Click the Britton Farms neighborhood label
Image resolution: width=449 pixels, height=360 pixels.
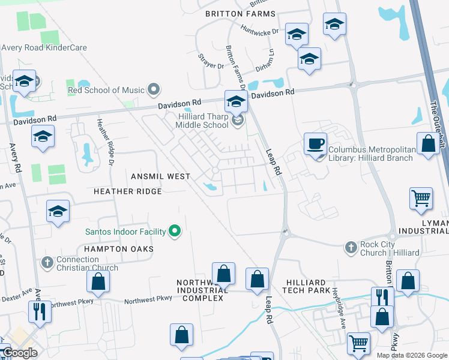pyautogui.click(x=240, y=14)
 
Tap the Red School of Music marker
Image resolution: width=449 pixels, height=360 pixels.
pyautogui.click(x=154, y=90)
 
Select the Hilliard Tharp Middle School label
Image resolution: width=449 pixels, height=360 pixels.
pyautogui.click(x=202, y=121)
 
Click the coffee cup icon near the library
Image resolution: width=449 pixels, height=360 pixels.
pyautogui.click(x=316, y=144)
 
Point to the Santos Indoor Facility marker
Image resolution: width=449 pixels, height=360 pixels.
pyautogui.click(x=175, y=230)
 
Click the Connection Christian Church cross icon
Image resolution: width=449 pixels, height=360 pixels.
pyautogui.click(x=47, y=262)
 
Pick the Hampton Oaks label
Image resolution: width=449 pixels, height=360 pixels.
pyautogui.click(x=119, y=248)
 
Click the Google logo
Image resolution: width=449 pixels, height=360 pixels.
pyautogui.click(x=20, y=353)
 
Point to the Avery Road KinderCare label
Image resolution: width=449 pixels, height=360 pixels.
pyautogui.click(x=44, y=48)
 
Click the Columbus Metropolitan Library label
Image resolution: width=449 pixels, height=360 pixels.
pyautogui.click(x=370, y=154)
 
